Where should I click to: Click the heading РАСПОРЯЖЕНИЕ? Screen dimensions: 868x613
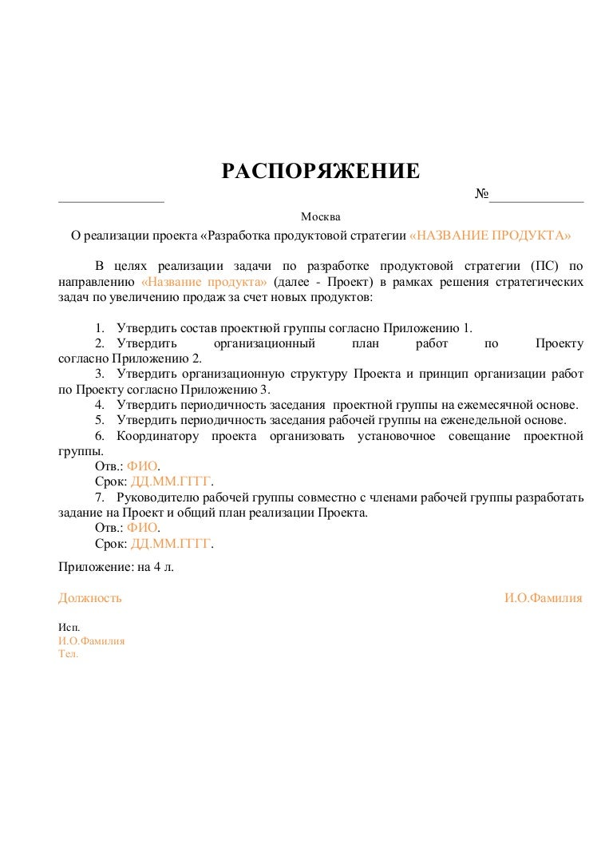pos(320,171)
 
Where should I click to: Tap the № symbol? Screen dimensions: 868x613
pos(481,195)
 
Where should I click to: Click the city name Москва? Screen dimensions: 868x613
pos(320,217)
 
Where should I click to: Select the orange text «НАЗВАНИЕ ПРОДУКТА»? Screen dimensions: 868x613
pos(490,236)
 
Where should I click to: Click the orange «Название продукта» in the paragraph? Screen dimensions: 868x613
pos(204,282)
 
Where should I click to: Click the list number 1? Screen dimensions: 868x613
pos(100,328)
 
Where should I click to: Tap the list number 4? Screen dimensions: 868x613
pos(100,405)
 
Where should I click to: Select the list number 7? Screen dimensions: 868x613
pos(100,497)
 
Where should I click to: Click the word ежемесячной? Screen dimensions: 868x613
pos(486,405)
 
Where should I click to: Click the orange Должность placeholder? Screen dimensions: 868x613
pos(90,597)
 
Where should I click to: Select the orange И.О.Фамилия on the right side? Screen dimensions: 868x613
pos(543,597)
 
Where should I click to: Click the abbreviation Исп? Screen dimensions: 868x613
pos(69,628)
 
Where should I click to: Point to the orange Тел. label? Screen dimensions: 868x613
pos(69,653)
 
